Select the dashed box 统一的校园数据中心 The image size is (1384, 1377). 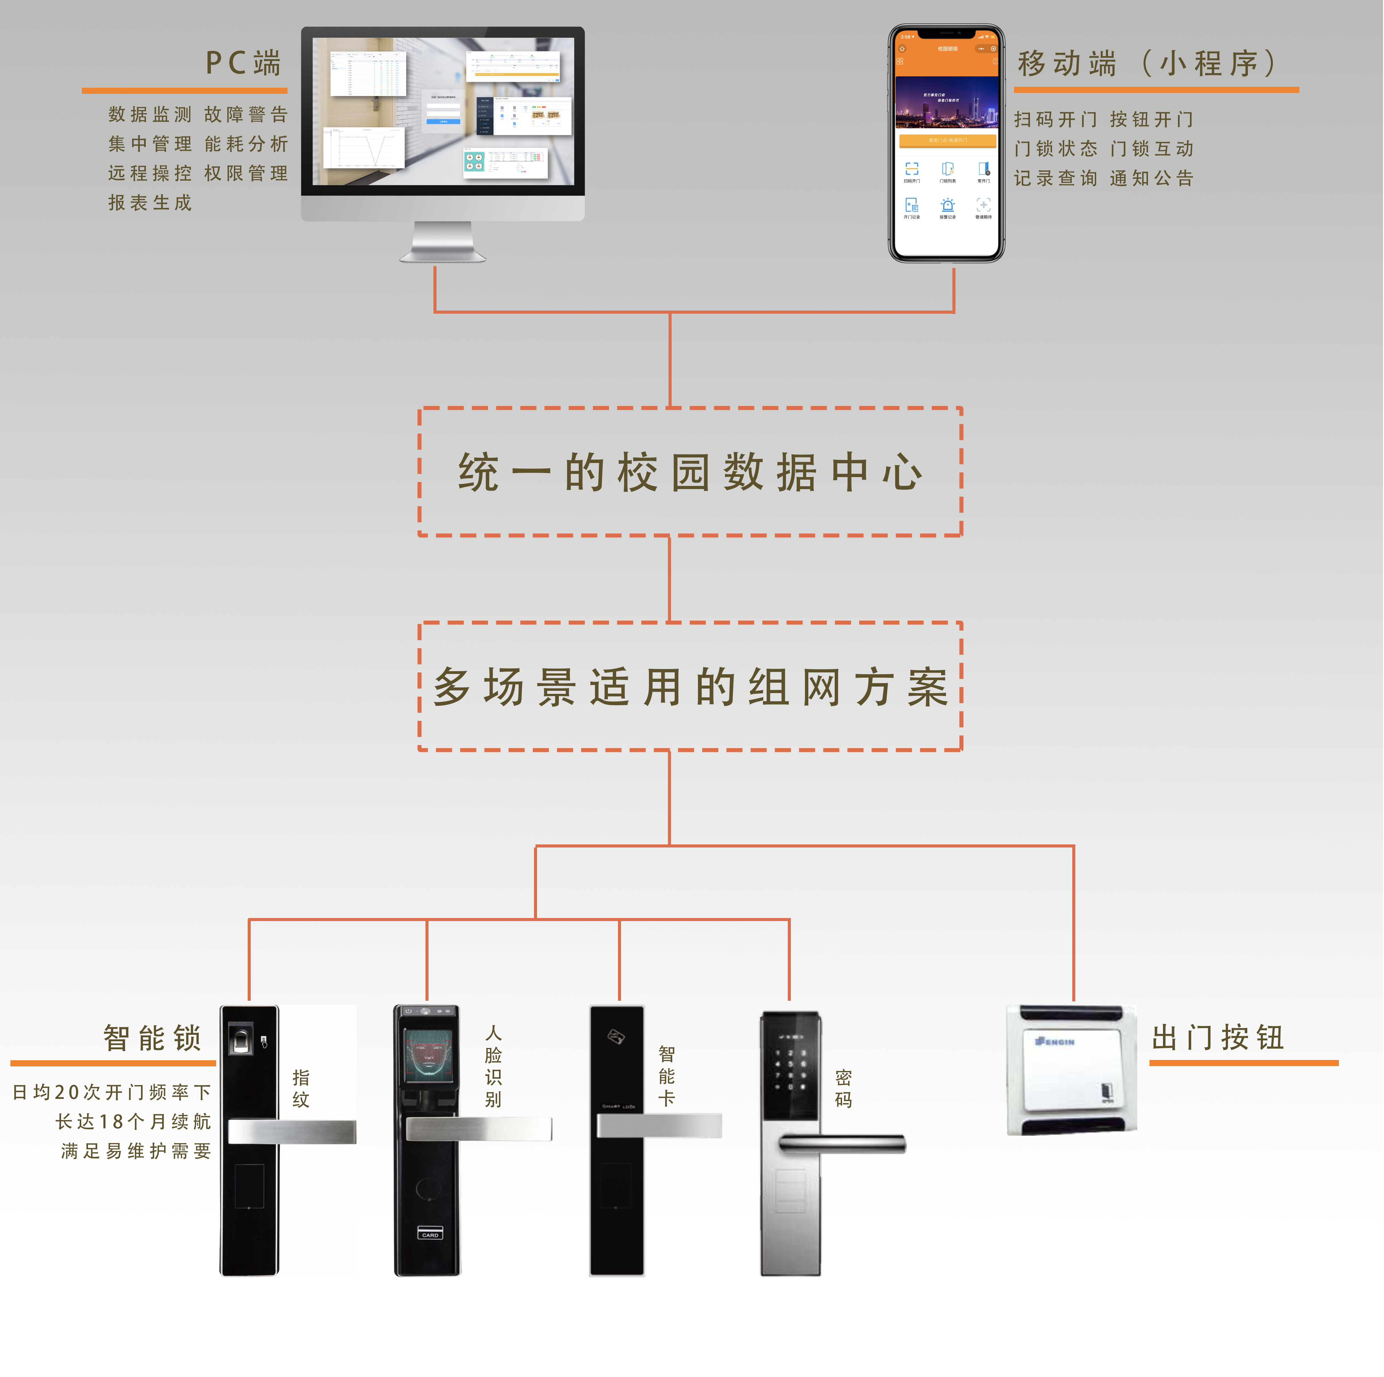pyautogui.click(x=690, y=472)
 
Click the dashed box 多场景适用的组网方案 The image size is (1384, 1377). pyautogui.click(x=690, y=686)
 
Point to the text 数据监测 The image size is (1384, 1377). pyautogui.click(x=151, y=115)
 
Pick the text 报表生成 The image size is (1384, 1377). pyautogui.click(x=151, y=203)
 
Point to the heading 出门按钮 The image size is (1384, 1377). pyautogui.click(x=1218, y=1037)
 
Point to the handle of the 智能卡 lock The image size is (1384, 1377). pyautogui.click(x=659, y=1126)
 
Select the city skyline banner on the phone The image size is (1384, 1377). pyautogui.click(x=946, y=102)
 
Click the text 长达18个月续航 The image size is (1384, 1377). pyautogui.click(x=133, y=1121)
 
